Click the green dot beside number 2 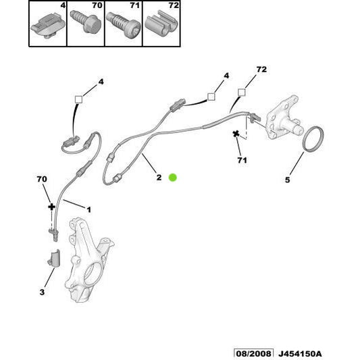pos(172,177)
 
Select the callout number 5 pos(286,180)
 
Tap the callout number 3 pos(42,292)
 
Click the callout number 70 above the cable pos(42,180)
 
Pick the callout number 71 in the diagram pos(241,160)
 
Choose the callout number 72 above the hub pos(261,70)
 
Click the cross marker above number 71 pos(237,134)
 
